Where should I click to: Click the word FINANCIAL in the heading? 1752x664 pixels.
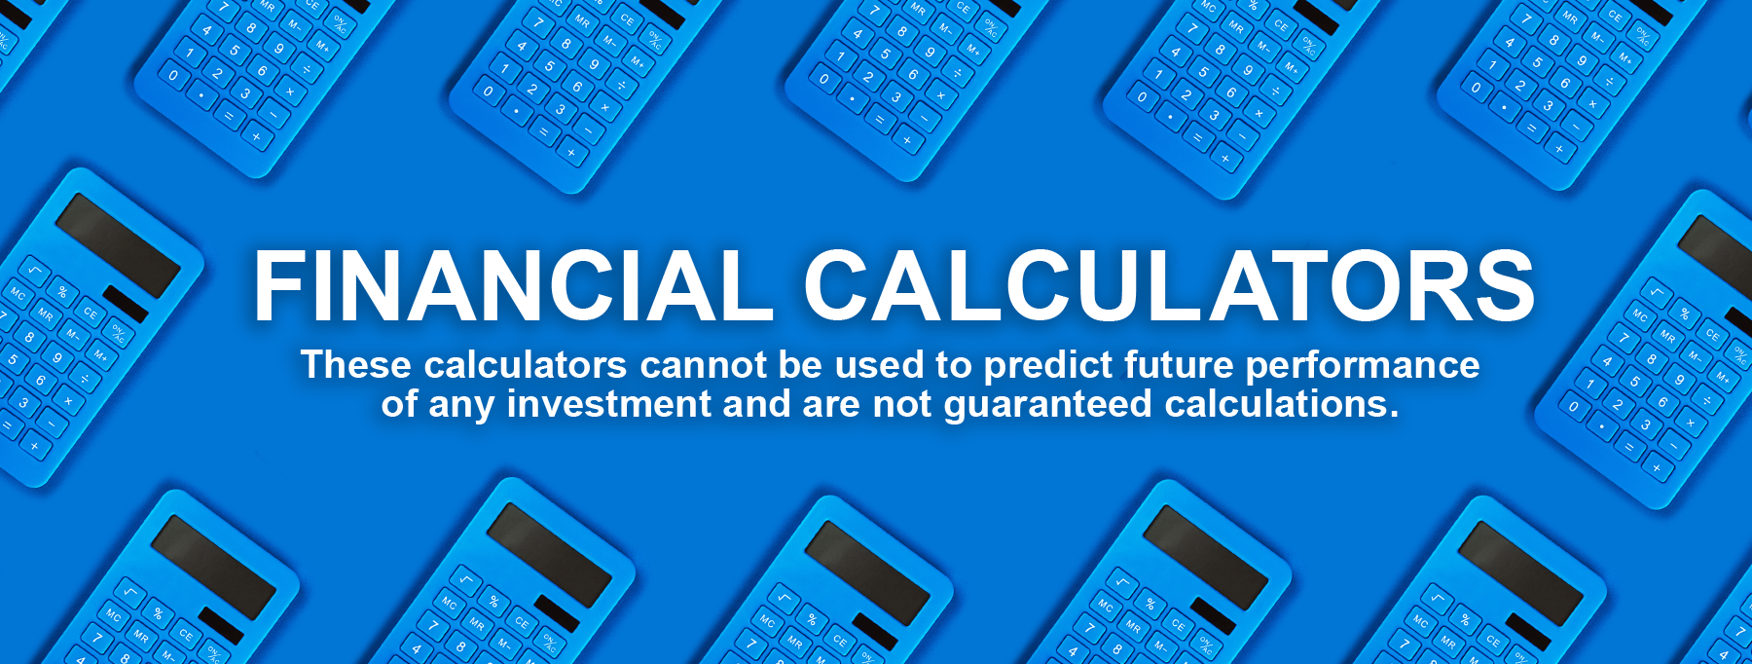pyautogui.click(x=513, y=284)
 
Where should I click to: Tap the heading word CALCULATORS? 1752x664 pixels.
pyautogui.click(x=1169, y=284)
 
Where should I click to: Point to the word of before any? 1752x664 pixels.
pyautogui.click(x=399, y=404)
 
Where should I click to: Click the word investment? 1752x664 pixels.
pyautogui.click(x=609, y=404)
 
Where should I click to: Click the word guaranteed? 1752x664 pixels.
pyautogui.click(x=1048, y=406)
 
